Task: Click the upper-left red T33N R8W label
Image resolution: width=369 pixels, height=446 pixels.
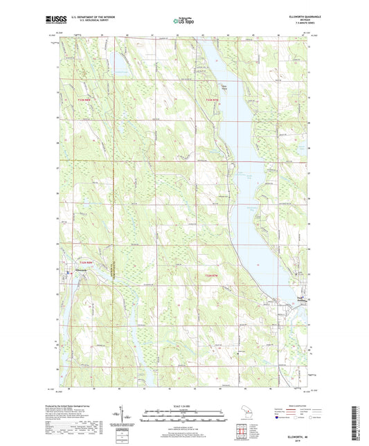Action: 83,102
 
